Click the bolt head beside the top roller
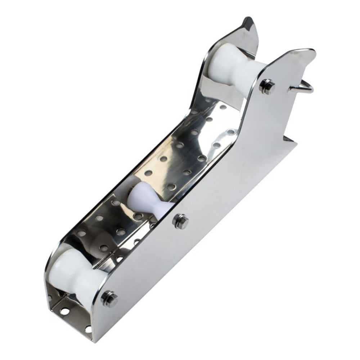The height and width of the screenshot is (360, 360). [267, 86]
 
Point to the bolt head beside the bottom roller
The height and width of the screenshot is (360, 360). [109, 299]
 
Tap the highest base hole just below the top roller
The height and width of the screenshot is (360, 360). [223, 107]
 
